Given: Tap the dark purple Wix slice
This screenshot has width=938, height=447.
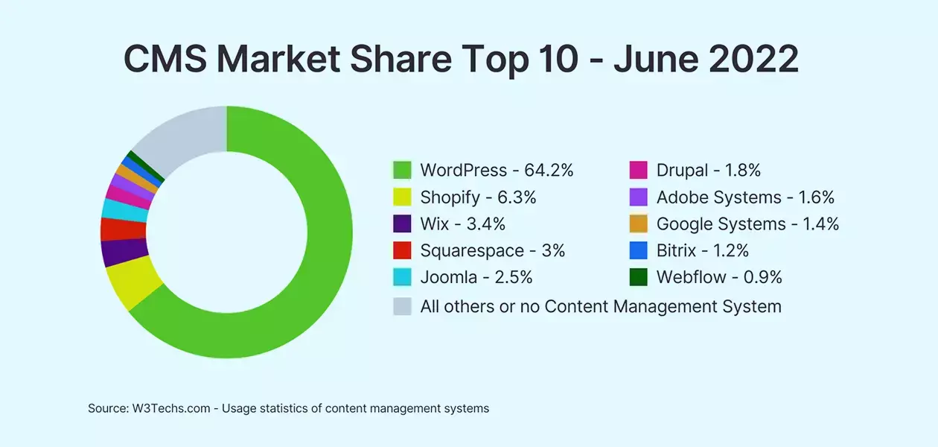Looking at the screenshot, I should [115, 253].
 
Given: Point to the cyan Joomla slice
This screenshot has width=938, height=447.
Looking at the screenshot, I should [116, 209].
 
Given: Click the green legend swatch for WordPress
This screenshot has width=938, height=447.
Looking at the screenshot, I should [402, 171].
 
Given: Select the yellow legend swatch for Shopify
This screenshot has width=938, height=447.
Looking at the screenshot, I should [402, 197].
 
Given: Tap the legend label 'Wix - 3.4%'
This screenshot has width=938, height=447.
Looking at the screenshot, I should [463, 224].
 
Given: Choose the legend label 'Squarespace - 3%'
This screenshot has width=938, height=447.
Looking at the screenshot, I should [492, 251].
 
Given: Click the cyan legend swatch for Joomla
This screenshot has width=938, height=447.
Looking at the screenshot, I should [402, 278].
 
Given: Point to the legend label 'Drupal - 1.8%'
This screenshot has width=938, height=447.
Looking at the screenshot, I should [708, 171].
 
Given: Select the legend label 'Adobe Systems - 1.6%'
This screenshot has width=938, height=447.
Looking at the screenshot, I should [745, 197].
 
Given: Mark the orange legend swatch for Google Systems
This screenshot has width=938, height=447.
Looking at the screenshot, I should [638, 224].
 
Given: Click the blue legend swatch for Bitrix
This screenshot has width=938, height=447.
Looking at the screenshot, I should [638, 251].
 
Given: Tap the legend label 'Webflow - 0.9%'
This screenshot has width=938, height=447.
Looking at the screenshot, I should [719, 278].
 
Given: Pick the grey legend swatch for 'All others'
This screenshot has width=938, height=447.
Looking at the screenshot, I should [402, 305].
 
